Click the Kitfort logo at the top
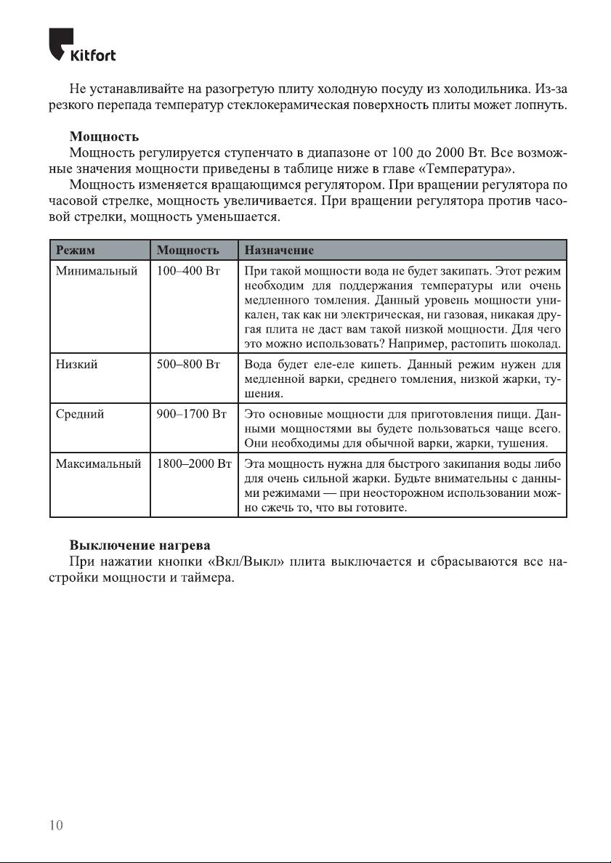[x=81, y=46]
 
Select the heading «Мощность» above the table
[x=104, y=136]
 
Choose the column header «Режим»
[x=76, y=251]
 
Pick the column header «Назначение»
[x=280, y=251]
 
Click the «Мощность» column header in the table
[x=188, y=251]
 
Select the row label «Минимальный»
[x=97, y=271]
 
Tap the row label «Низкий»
[x=76, y=365]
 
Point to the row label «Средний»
[x=80, y=415]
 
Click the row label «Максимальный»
[x=98, y=464]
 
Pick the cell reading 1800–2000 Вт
[x=194, y=464]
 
